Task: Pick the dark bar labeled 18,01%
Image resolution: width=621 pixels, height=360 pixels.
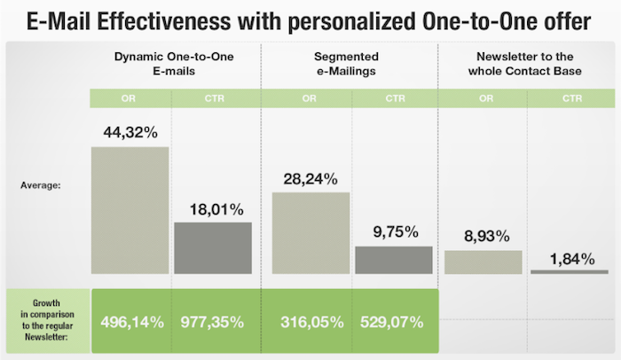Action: tap(213, 247)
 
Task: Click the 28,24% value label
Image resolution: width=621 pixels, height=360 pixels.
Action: tap(307, 179)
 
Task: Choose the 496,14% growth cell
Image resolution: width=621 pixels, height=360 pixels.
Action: tap(130, 321)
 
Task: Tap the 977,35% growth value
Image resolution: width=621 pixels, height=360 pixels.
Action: tap(213, 321)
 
